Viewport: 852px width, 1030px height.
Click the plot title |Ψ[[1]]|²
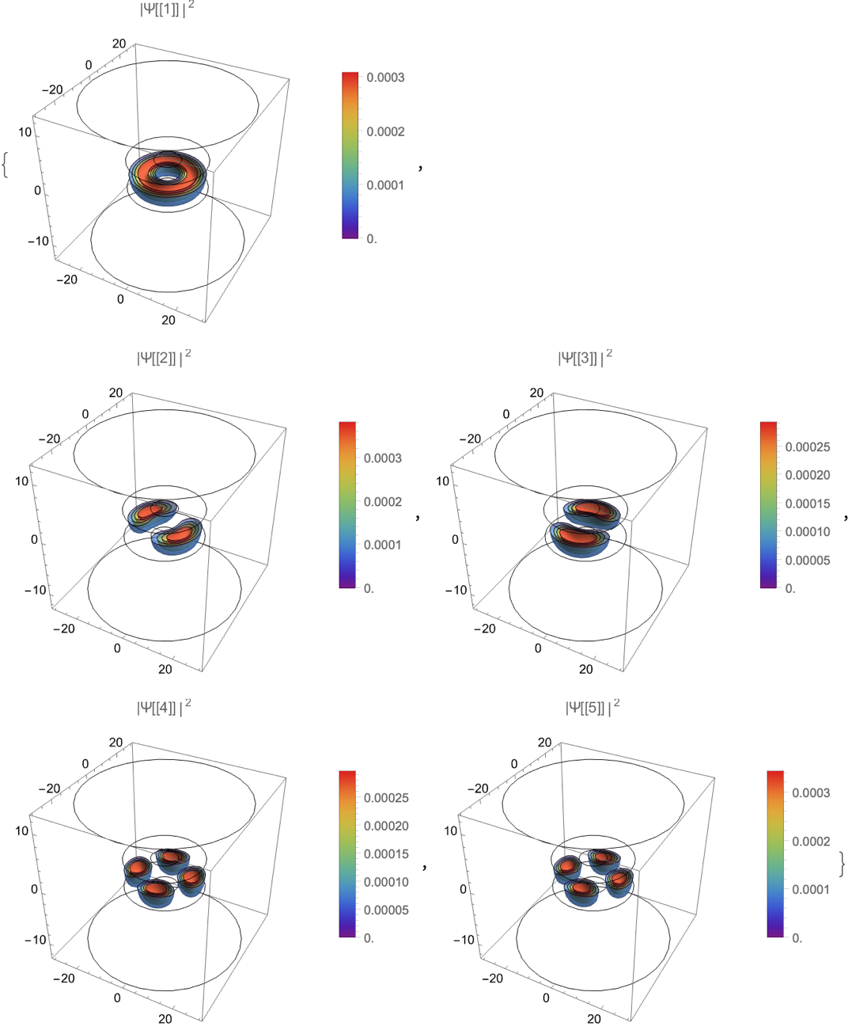click(167, 10)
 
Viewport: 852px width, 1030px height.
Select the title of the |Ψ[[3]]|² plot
click(585, 358)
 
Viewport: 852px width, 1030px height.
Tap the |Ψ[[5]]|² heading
click(593, 708)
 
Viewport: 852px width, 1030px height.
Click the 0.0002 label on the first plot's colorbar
click(385, 131)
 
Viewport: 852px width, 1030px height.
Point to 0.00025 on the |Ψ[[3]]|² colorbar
click(807, 447)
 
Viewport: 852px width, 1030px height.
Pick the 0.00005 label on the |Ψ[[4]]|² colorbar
click(386, 910)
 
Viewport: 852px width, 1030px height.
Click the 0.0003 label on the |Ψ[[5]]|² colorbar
click(811, 792)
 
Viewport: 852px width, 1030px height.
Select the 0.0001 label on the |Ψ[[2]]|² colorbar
click(383, 545)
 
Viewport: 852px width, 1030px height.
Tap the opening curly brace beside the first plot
click(6, 165)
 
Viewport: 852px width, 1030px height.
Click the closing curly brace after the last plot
click(843, 865)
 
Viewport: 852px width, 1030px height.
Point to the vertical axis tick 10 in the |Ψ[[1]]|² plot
click(25, 132)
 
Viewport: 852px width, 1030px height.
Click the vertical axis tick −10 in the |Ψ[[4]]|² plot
click(35, 939)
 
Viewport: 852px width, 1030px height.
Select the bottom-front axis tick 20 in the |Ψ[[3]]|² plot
click(585, 670)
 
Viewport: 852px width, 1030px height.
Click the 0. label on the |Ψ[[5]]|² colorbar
click(797, 938)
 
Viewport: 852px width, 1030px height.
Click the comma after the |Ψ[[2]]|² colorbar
click(418, 517)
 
